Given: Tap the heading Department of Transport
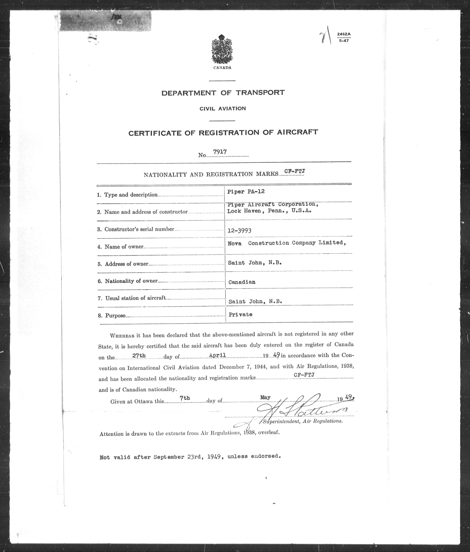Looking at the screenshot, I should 223,93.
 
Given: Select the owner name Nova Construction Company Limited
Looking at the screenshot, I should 287,243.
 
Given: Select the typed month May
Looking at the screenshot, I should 265,397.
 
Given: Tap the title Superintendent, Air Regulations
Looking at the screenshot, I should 303,421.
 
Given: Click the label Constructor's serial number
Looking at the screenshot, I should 139,229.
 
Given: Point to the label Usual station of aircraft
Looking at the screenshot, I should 135,298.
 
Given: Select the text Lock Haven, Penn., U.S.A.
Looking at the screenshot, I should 269,211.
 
